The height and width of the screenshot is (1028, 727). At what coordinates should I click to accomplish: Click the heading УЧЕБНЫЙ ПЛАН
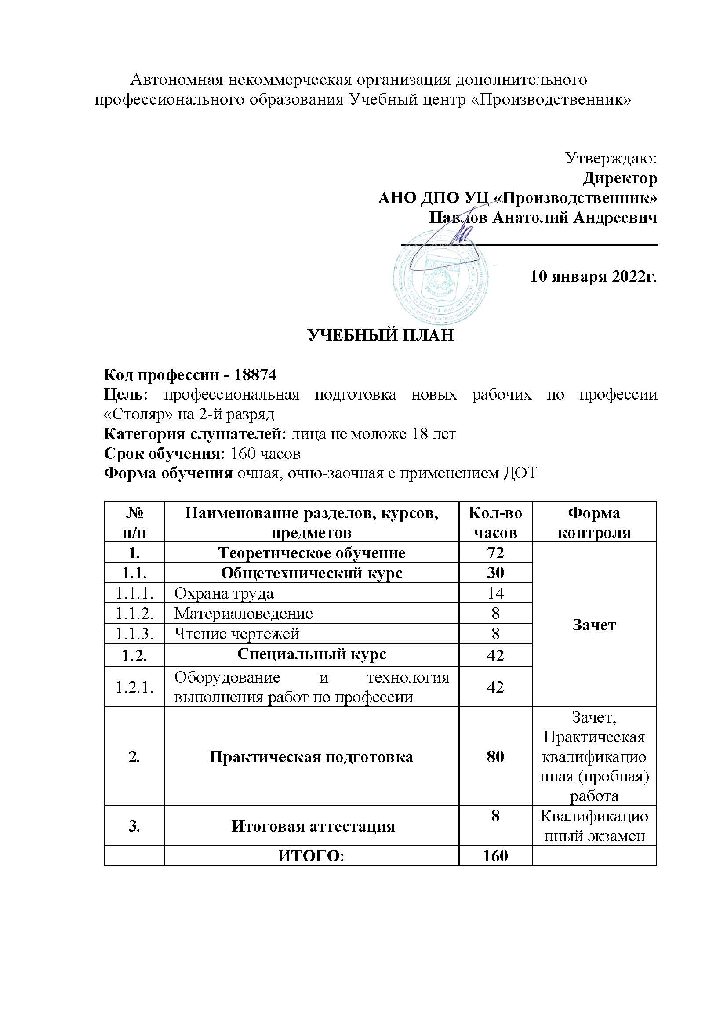[381, 335]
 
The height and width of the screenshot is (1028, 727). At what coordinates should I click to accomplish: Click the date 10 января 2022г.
[593, 276]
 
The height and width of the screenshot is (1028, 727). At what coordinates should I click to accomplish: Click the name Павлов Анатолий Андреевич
[543, 218]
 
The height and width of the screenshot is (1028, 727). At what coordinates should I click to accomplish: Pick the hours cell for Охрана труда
[495, 593]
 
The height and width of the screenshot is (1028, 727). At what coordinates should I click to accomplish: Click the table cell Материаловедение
[244, 614]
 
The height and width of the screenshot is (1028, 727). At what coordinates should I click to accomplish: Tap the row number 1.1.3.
[134, 634]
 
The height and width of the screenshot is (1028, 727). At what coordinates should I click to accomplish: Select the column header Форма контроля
[594, 523]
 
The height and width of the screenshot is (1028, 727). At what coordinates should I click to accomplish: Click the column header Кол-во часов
[495, 523]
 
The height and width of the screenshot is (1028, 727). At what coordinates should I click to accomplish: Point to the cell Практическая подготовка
[311, 757]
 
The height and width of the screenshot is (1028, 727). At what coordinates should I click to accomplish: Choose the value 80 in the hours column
[495, 756]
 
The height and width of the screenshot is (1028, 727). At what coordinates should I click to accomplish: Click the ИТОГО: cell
[311, 856]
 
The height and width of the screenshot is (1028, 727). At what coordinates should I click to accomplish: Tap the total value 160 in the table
[495, 856]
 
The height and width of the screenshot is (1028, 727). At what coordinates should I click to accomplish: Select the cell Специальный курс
[311, 654]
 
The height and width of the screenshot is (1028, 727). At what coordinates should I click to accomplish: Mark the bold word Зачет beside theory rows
[594, 625]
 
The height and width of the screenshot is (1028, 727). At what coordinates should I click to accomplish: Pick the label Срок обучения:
[164, 454]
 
